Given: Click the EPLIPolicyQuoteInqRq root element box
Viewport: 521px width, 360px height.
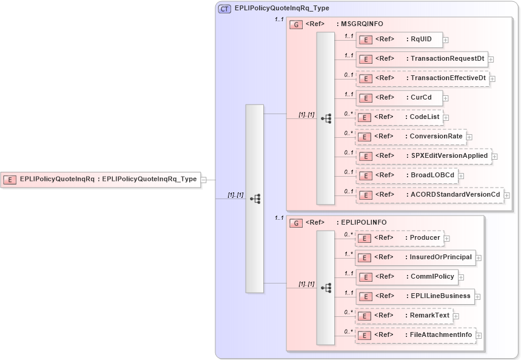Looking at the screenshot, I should [x=100, y=179].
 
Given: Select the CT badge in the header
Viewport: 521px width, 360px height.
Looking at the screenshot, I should [x=224, y=9].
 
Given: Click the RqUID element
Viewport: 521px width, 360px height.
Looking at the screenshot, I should [x=398, y=39].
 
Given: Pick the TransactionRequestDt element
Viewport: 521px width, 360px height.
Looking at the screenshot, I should [x=422, y=59].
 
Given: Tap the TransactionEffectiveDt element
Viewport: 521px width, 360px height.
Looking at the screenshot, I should [x=422, y=78].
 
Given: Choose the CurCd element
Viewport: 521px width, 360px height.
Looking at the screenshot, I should [x=398, y=97].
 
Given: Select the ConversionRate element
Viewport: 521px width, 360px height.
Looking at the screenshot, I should [x=410, y=136].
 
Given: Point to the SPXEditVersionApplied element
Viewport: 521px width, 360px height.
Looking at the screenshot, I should [x=423, y=156].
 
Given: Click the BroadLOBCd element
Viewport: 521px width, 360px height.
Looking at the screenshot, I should [x=406, y=175].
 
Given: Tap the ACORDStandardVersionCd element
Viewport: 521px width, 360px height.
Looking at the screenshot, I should [x=429, y=195].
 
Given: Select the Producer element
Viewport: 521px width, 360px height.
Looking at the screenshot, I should [x=398, y=238].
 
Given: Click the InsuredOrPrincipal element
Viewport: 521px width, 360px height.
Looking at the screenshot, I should [x=415, y=257].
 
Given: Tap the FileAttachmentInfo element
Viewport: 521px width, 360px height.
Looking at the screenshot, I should [x=415, y=335].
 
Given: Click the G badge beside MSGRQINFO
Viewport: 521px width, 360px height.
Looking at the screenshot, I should [x=297, y=24].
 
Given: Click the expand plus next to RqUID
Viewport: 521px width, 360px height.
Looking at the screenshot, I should [x=446, y=40].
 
